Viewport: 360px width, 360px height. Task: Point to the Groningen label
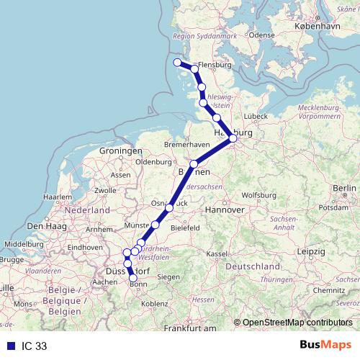click(121, 151)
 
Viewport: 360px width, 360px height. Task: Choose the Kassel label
click(217, 254)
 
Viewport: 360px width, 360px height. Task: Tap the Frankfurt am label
click(190, 328)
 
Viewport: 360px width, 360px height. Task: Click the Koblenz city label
click(154, 305)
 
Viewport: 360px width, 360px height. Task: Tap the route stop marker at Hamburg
click(233, 138)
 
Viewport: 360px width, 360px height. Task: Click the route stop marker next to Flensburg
click(194, 69)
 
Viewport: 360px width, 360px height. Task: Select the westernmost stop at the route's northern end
click(178, 62)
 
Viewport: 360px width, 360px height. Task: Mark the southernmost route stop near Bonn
click(133, 278)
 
